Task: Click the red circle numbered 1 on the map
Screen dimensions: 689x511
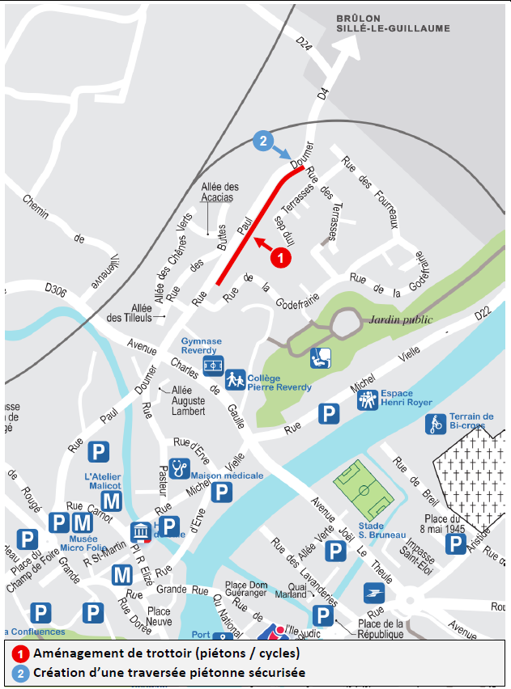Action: coord(279,258)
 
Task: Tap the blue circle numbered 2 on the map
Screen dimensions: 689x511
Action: coord(262,141)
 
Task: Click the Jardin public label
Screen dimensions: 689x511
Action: coord(402,319)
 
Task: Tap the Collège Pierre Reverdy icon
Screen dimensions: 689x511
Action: coord(236,378)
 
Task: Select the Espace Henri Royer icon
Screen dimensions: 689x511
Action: coord(368,398)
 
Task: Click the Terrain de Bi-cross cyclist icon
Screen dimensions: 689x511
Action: coord(436,423)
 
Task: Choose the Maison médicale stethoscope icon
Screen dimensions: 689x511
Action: coord(179,468)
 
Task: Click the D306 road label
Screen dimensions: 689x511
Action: coord(56,287)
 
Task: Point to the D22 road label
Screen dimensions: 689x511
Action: coord(483,312)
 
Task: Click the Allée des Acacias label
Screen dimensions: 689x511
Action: coord(218,192)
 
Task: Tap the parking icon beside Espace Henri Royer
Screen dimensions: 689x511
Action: coord(328,415)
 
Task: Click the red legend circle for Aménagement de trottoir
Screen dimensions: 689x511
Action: coord(18,653)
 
